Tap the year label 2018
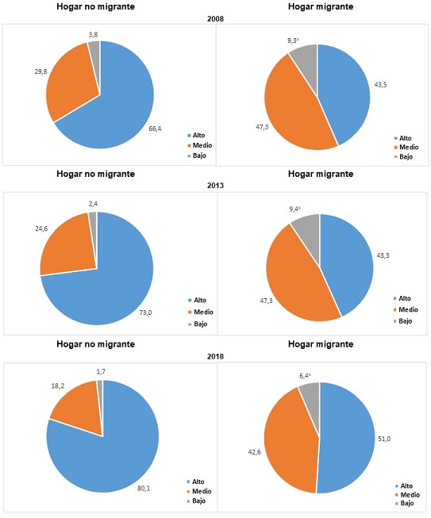[x=215, y=356]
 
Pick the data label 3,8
[x=94, y=34]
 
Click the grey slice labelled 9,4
[x=306, y=228]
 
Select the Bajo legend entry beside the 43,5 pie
[x=403, y=158]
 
